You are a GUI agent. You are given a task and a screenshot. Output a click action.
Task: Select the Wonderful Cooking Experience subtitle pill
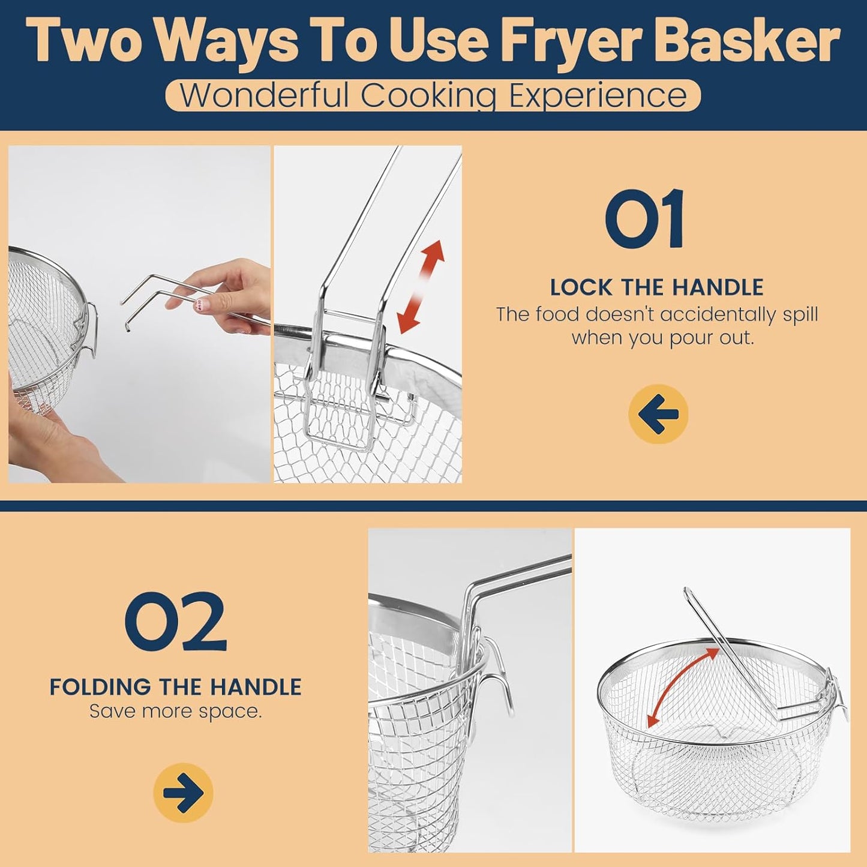pos(433,95)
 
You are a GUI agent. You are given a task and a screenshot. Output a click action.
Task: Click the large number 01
pos(644,218)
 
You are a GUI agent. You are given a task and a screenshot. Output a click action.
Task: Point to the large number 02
pos(176,622)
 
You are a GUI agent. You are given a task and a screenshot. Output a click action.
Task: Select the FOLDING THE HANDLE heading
pos(175,688)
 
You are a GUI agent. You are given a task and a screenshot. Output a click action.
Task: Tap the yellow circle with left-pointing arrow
pos(658,414)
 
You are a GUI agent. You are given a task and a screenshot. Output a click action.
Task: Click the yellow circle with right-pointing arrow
pos(183,793)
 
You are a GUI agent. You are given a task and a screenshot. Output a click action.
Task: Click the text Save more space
pos(175,712)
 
